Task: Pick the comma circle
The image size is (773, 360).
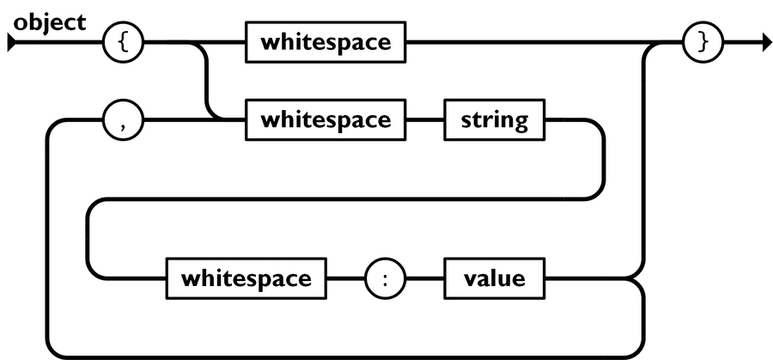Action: click(x=123, y=119)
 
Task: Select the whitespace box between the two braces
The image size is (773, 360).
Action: click(x=326, y=43)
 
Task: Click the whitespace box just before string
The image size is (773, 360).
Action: click(x=326, y=119)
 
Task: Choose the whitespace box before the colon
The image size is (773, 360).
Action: click(x=245, y=278)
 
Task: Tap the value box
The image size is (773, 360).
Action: click(x=492, y=278)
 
